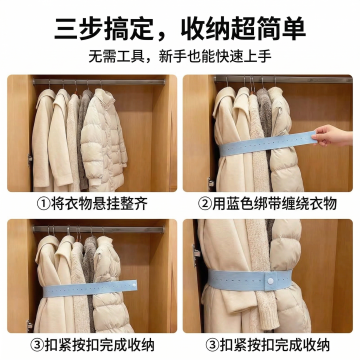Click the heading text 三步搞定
click(x=104, y=30)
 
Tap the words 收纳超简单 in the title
click(x=243, y=30)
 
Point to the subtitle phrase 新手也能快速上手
click(x=215, y=56)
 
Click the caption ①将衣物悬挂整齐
click(x=92, y=204)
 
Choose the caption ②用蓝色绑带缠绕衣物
click(x=267, y=204)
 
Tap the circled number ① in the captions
click(x=43, y=204)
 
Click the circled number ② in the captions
click(x=205, y=204)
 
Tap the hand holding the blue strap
click(x=332, y=136)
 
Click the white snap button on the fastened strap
click(x=270, y=281)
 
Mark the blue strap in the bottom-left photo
click(x=90, y=288)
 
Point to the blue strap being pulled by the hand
click(x=267, y=144)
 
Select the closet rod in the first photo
click(x=99, y=82)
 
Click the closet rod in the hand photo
click(x=283, y=79)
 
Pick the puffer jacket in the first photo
click(x=104, y=139)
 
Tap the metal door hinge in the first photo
click(x=30, y=160)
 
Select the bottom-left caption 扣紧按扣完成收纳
click(x=92, y=345)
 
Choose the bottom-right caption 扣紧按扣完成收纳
click(x=267, y=345)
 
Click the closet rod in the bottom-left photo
click(x=99, y=229)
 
